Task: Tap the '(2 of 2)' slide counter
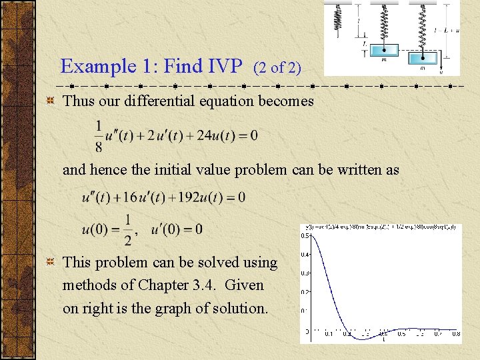[277, 67]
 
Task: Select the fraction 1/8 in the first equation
[99, 135]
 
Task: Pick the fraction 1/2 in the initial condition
[127, 230]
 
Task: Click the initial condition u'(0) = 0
[177, 230]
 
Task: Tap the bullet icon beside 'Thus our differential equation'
[50, 101]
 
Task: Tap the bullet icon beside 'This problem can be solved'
[50, 263]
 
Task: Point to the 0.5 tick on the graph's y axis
[305, 235]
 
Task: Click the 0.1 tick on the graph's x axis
[328, 333]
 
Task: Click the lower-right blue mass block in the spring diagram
[423, 58]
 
